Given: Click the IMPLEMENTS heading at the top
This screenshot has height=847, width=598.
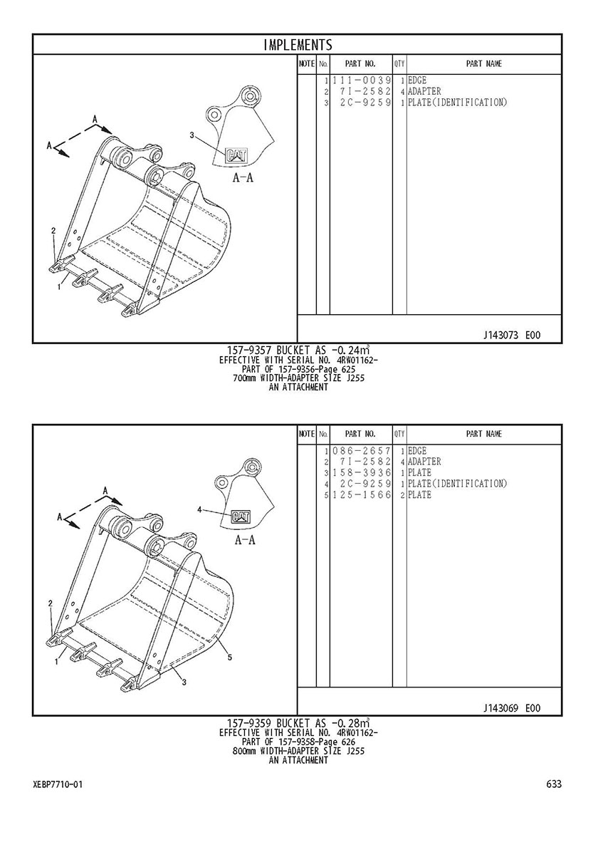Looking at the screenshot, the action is pos(298,44).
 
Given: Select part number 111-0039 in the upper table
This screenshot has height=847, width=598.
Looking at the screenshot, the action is pos(362,80).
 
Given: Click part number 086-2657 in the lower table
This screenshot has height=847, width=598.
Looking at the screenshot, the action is pos(362,451).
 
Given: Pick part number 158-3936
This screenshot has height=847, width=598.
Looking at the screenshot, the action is pos(362,473).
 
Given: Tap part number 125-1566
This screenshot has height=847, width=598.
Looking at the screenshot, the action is pos(362,495).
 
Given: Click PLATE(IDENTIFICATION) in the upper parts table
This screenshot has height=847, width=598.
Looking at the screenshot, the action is pos(458,103).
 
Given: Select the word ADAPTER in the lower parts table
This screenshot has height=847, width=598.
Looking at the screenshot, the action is pos(424,462).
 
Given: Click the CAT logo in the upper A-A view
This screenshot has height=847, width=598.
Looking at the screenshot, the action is pos(236,155).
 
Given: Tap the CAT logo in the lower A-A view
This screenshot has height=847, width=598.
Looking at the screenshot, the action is pos(241,517).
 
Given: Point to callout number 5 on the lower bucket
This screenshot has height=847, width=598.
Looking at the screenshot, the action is pos(229,658).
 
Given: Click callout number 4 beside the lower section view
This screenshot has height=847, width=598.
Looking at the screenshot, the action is pos(199,509).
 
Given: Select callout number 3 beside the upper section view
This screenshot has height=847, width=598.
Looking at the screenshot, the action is pos(192,135).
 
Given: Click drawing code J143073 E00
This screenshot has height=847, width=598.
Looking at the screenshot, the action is pos(512,336).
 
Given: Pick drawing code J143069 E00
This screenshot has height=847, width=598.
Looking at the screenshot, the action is pos(512,708).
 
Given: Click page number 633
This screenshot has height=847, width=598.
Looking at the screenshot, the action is pos(554,784).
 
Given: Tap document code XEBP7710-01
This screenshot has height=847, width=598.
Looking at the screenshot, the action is pos(58,784).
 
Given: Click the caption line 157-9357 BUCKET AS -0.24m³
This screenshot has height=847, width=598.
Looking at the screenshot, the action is pos(298,350).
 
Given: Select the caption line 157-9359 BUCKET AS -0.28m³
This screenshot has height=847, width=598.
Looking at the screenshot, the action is pos(298,723).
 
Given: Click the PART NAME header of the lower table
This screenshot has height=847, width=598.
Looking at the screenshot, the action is pos(484,434).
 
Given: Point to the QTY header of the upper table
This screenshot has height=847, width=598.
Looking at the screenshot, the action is pos(399,63).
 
